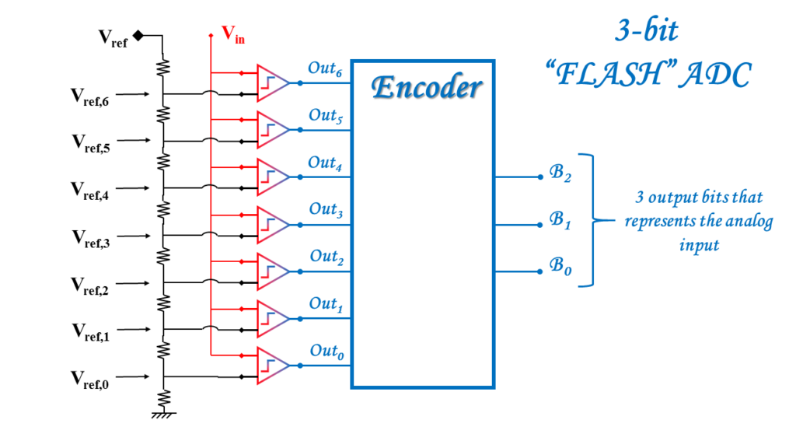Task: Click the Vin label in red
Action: (233, 35)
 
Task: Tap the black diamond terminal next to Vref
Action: (138, 36)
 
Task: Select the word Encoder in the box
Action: (427, 87)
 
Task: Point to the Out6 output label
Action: (325, 68)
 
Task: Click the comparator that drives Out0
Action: (273, 366)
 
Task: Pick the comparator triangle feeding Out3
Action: (273, 225)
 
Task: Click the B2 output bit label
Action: (560, 173)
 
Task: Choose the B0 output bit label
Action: (560, 266)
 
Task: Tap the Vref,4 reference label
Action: (90, 191)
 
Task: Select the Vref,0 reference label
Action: (90, 380)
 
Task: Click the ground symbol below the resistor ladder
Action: (163, 415)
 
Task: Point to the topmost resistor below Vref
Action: (163, 67)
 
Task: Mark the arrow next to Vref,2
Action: (132, 283)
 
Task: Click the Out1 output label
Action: (326, 304)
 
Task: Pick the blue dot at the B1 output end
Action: (540, 225)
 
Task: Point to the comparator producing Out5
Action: (273, 130)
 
